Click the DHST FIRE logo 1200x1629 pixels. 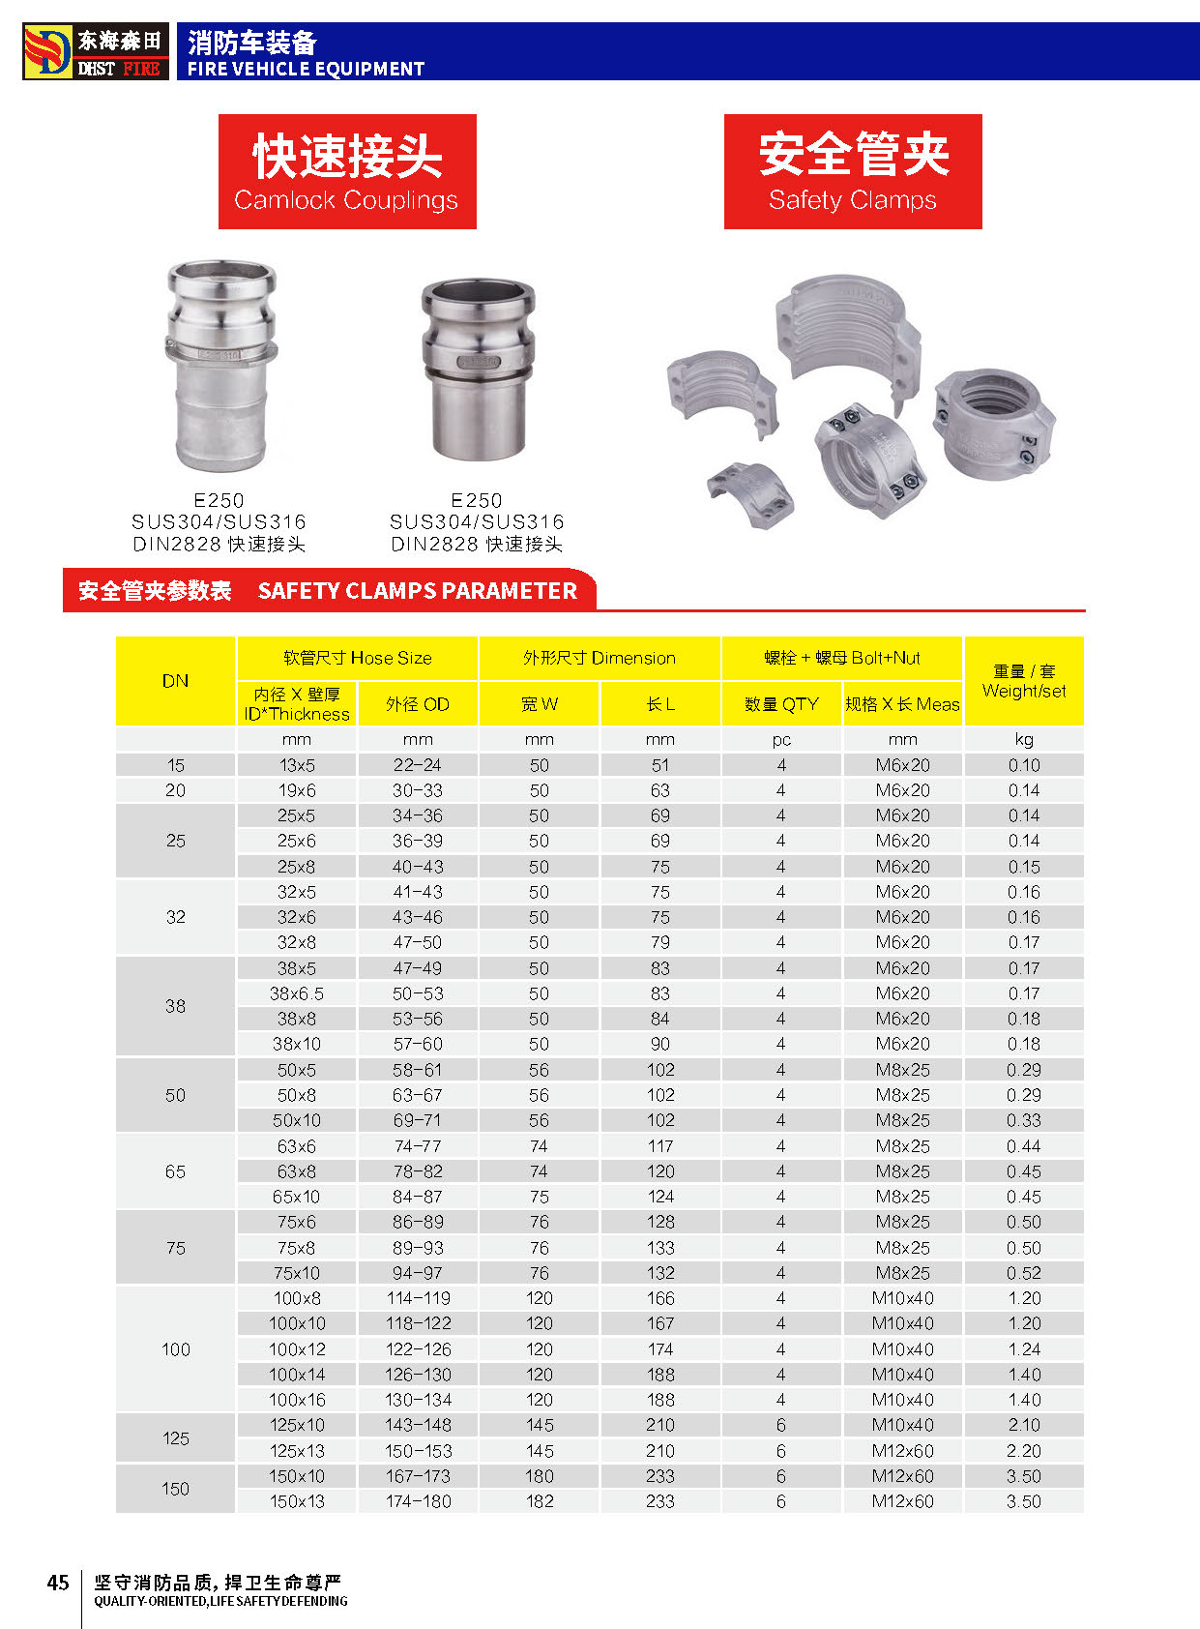(x=96, y=51)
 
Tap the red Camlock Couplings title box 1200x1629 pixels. (x=347, y=171)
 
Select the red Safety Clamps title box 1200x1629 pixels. (x=853, y=171)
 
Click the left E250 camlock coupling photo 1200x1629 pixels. (x=220, y=366)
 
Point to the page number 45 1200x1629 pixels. (x=58, y=1583)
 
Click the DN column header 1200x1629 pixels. (x=175, y=681)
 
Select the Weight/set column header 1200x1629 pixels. (x=1024, y=681)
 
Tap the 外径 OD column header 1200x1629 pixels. (x=418, y=704)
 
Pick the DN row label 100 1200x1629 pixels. (x=175, y=1349)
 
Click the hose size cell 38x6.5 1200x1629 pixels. (x=297, y=993)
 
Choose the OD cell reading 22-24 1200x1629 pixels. (x=418, y=765)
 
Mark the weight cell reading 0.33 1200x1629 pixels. (x=1024, y=1120)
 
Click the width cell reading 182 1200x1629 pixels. (x=540, y=1501)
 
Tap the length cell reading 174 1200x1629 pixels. (x=660, y=1349)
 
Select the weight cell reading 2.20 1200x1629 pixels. (x=1024, y=1451)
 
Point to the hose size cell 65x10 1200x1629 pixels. (x=297, y=1197)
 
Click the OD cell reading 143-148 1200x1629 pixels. (x=418, y=1425)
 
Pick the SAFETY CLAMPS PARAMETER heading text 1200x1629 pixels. (x=417, y=591)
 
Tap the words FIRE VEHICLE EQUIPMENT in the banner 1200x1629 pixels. (x=306, y=69)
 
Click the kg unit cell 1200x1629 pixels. (x=1024, y=740)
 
